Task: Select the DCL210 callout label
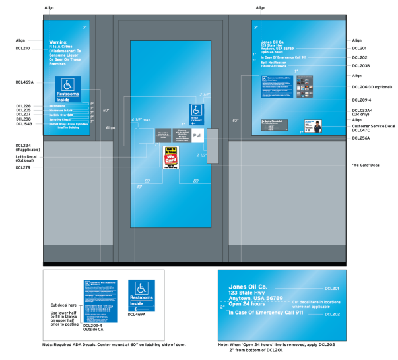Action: [x=22, y=48]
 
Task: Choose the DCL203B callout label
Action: [x=361, y=66]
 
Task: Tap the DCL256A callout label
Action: [x=361, y=138]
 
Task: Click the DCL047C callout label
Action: [x=362, y=131]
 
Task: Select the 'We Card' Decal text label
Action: [x=366, y=164]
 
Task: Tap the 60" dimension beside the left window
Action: [x=105, y=111]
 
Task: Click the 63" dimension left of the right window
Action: [x=236, y=121]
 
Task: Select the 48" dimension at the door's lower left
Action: [x=139, y=187]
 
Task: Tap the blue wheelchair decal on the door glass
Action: [x=197, y=113]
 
